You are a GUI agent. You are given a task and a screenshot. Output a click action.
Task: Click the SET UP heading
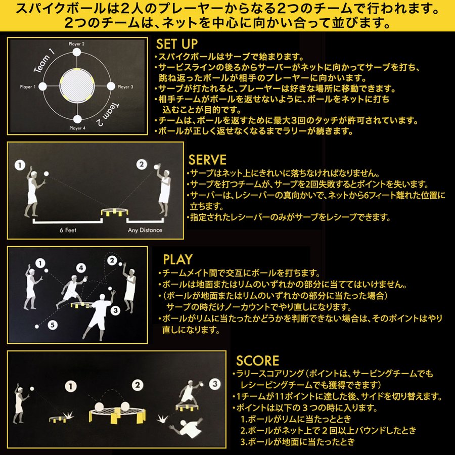tap(177, 44)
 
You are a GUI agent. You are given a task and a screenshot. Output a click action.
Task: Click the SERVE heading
tap(207, 160)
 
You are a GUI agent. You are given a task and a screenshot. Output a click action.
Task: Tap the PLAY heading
tap(177, 259)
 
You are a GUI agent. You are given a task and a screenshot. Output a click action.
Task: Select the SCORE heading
tap(257, 360)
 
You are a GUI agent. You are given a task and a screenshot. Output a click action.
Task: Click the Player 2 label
tap(77, 44)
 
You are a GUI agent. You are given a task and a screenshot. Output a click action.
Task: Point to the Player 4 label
tap(77, 128)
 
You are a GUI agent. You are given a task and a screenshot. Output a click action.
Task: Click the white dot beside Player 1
tap(42, 86)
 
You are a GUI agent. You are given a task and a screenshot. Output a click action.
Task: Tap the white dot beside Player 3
tap(111, 86)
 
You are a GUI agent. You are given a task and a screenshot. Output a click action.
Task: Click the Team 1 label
tap(44, 61)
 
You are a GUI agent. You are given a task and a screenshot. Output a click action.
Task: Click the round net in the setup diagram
tap(77, 85)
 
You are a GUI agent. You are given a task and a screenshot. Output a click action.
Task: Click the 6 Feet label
tap(68, 230)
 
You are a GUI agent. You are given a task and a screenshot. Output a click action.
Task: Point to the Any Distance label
tap(145, 230)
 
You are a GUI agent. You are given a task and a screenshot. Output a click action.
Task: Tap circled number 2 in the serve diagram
tap(142, 164)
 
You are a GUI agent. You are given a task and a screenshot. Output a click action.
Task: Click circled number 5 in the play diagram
tap(53, 325)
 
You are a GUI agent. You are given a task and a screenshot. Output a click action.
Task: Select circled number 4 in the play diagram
tap(81, 268)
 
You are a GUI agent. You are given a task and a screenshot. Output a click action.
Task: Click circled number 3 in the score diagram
tap(215, 384)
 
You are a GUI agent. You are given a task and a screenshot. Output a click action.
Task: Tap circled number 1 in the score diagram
tap(70, 387)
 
